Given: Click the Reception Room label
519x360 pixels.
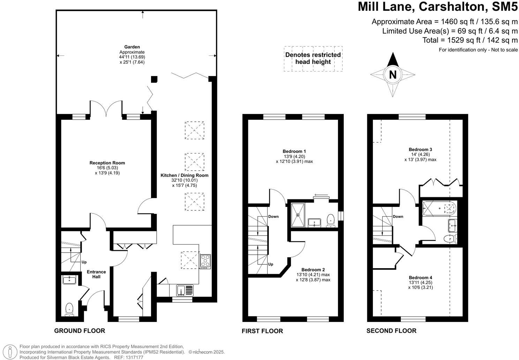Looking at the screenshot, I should [107, 163].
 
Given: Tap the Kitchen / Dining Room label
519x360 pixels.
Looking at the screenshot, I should [184, 175].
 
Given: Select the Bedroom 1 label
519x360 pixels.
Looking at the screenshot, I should [294, 151].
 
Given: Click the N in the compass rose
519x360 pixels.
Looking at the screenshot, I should [392, 75].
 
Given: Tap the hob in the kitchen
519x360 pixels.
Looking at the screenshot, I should [205, 261].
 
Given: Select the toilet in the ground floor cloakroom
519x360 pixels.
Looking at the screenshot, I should [69, 309].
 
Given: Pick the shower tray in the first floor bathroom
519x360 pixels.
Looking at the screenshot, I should [298, 215].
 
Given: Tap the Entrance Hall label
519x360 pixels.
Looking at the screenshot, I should [96, 274].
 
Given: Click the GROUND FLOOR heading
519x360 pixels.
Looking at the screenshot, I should [80, 331].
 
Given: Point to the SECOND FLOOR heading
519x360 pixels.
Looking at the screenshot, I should [391, 331].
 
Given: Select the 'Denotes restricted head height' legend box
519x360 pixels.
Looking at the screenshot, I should [313, 59].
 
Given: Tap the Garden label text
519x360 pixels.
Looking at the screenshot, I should [132, 47].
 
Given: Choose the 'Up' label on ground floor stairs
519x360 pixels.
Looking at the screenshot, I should [84, 262].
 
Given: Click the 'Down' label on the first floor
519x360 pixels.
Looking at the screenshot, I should [273, 217].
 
